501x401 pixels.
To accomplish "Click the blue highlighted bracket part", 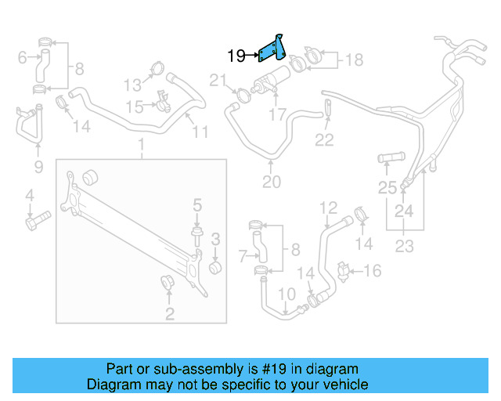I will pos(272,49).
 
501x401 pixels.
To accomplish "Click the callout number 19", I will pos(236,56).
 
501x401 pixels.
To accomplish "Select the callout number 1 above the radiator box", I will pos(142,146).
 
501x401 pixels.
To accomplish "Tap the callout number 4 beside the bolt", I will pos(29,195).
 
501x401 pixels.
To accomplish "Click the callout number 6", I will pos(22,56).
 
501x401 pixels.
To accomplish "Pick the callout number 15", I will pos(135,106).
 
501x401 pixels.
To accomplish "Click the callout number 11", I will pos(200,132).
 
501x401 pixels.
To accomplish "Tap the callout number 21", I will pos(217,78).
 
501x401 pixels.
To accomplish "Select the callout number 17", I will pos(278,115).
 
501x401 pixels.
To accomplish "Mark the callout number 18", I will pos(354,60).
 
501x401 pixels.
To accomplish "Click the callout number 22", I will pos(324,140).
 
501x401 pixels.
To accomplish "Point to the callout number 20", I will pos(271,183).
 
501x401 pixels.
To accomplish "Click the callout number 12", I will pos(328,208).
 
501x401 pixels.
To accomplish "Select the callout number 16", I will pos(373,271).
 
